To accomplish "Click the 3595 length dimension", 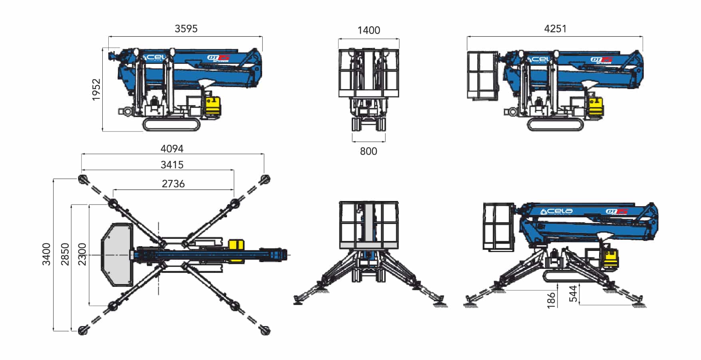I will [186, 29].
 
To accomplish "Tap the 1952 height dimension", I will [96, 90].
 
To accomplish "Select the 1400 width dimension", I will [368, 30].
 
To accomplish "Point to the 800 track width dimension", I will [368, 151].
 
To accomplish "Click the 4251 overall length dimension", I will [555, 29].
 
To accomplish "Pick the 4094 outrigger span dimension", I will [172, 149].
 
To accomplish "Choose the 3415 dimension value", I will [172, 165].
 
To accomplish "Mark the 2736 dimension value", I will [173, 184].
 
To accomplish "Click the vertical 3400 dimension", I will [46, 254].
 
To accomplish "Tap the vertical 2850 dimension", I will [65, 254].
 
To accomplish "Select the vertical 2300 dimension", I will [82, 254].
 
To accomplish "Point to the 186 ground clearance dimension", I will [551, 300].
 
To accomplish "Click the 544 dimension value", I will [573, 294].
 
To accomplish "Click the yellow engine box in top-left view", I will [213, 106].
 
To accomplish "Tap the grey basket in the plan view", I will [117, 254].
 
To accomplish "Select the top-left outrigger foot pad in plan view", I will [84, 179].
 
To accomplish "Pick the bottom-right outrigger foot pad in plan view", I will [265, 330].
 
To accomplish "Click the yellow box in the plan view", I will [236, 250].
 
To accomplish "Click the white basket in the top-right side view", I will [483, 75].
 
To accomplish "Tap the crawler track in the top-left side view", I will [171, 125].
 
